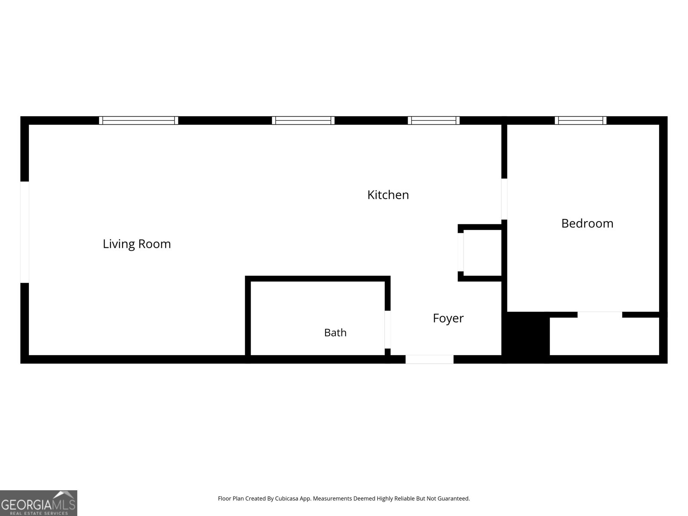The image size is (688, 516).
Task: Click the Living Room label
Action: (137, 244)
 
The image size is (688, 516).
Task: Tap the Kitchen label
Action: (388, 195)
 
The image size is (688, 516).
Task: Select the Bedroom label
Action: (587, 223)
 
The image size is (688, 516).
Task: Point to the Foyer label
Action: (448, 318)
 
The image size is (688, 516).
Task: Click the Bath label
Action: (335, 332)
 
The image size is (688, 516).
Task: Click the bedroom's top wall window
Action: (580, 120)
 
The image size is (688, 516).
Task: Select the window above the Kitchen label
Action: (433, 120)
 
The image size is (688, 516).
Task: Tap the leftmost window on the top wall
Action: (138, 120)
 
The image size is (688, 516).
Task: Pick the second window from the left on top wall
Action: (303, 120)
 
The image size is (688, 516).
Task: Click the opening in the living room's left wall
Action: (25, 232)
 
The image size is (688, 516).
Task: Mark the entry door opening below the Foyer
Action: (430, 359)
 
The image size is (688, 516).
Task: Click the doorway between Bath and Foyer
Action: (388, 329)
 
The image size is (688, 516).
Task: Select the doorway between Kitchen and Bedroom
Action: (504, 199)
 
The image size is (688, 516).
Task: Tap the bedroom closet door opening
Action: (599, 315)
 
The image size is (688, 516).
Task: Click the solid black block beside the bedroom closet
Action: (525, 338)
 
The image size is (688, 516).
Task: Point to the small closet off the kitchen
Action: (482, 252)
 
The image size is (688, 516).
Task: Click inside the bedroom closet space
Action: (604, 336)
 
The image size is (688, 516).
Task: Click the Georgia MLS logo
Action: (39, 503)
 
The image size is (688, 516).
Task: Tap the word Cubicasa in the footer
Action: (286, 498)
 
